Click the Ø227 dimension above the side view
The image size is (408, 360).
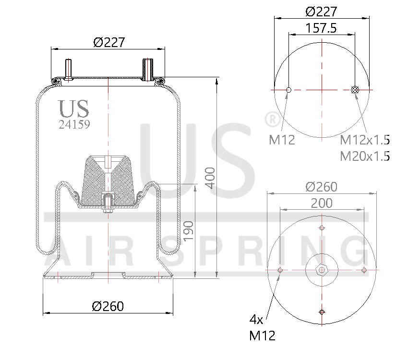[x=109, y=42]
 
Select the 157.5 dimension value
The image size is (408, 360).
[x=321, y=28]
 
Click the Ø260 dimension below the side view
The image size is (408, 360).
[x=108, y=306]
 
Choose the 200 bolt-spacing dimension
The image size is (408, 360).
[x=321, y=203]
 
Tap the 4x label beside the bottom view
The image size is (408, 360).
[x=257, y=319]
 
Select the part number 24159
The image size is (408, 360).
[x=74, y=124]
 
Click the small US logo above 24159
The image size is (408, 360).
[x=73, y=109]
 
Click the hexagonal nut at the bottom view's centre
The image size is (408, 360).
[x=321, y=270]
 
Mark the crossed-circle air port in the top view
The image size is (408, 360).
[x=356, y=90]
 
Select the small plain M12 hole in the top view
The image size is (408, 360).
[x=288, y=90]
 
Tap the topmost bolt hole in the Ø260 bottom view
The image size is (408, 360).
[x=321, y=228]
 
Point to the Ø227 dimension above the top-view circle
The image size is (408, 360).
[x=321, y=12]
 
